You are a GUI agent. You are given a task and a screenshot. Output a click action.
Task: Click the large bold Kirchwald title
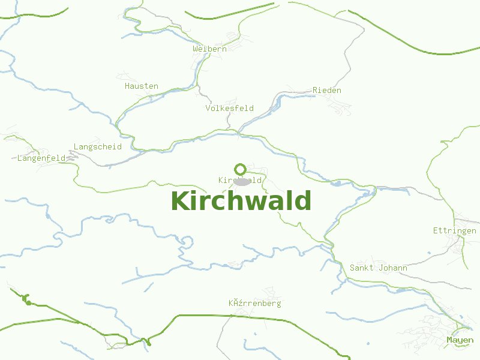click(241, 201)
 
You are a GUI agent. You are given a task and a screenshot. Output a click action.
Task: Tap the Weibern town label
click(210, 49)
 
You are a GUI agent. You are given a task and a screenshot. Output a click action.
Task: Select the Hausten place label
click(142, 86)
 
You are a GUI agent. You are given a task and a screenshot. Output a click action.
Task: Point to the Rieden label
click(327, 90)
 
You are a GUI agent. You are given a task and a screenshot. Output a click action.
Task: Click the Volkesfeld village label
click(229, 109)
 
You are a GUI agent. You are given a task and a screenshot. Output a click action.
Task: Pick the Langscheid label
click(97, 146)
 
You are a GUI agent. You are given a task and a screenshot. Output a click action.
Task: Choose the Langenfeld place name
click(41, 158)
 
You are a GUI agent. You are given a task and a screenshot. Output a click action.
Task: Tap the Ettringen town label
click(455, 230)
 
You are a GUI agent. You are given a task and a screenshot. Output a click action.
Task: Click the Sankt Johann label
click(379, 268)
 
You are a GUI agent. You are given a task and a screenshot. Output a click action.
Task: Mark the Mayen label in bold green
click(460, 340)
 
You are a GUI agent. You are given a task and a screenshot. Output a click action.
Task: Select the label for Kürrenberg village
click(254, 304)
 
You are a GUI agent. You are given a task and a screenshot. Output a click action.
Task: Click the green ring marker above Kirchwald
click(241, 169)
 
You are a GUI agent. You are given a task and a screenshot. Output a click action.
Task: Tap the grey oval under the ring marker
click(242, 181)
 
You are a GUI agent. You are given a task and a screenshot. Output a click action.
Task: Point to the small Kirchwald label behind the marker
click(240, 180)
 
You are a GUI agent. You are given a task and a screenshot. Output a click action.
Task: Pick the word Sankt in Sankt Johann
click(362, 268)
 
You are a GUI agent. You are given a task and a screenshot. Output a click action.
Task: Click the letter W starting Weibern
click(196, 49)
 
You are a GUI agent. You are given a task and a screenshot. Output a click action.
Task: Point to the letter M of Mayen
click(449, 340)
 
